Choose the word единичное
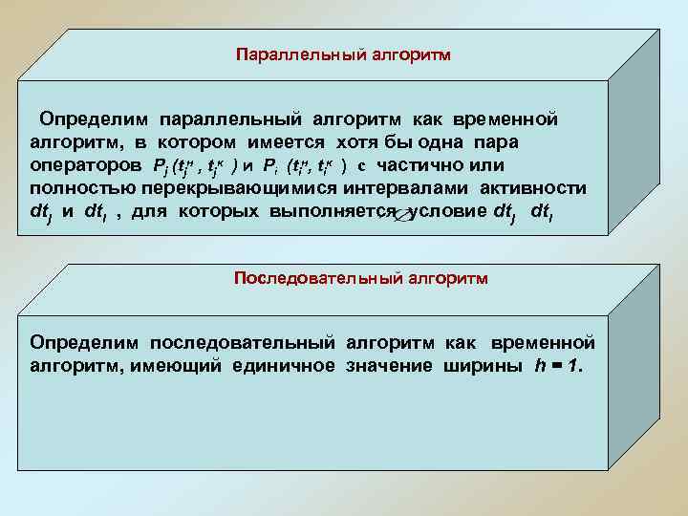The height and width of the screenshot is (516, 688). pos(284,365)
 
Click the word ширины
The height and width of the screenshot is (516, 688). pos(482,365)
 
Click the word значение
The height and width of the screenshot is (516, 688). pos(390,365)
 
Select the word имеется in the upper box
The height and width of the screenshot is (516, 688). pos(328,142)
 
